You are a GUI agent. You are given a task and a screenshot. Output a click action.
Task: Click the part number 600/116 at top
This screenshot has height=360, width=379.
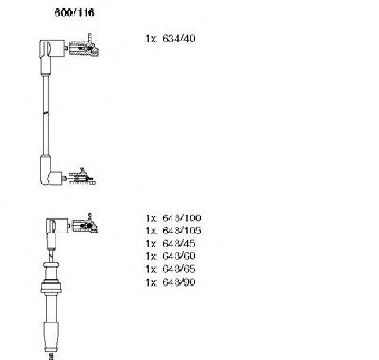coord(74,13)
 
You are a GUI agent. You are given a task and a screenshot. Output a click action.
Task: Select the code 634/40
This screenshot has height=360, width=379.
coord(179,38)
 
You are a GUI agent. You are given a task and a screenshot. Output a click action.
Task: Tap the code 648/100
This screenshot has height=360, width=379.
coord(182,218)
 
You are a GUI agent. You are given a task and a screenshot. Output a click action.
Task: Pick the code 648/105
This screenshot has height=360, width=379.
coord(182,231)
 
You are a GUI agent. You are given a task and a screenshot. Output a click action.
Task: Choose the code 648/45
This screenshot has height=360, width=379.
coord(179,243)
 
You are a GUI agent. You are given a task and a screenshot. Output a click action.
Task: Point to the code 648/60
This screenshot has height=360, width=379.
coord(179,256)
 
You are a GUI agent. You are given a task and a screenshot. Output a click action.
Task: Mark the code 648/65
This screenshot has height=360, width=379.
coord(179,269)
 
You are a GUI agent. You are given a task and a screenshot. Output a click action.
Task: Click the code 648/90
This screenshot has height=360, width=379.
coord(179,282)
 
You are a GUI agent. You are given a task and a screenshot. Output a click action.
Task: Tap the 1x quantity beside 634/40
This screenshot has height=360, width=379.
coord(151,38)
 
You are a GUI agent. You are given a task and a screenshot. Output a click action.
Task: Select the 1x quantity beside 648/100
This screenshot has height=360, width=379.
coord(151,218)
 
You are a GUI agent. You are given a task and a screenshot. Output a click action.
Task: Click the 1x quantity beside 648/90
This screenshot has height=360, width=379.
coord(151,282)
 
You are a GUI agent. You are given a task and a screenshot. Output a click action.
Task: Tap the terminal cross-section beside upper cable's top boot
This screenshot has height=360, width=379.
coord(83,47)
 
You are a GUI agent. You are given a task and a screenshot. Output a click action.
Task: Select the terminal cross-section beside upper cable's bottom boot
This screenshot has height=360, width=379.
coord(82,178)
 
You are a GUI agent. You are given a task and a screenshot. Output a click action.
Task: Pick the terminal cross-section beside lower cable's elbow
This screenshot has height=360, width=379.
coord(84,224)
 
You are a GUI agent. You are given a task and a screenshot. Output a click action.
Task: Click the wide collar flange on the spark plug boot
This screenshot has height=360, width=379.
coord(51,287)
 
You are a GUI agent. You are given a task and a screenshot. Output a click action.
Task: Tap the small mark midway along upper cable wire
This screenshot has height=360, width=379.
coord(47,113)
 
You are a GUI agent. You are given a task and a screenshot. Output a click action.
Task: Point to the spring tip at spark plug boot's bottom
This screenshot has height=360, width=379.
coord(51,356)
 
